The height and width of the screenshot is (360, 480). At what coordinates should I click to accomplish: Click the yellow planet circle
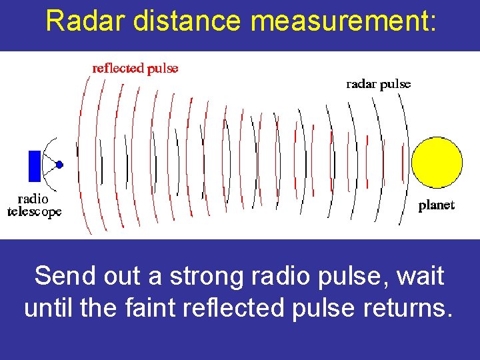point(437,163)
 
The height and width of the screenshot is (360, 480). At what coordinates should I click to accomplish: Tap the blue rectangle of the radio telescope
point(35,166)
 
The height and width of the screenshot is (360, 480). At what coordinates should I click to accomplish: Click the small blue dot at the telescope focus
point(59,164)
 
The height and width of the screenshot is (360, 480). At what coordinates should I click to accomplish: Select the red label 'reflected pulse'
point(135,68)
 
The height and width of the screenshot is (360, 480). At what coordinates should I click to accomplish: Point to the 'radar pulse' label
point(378,84)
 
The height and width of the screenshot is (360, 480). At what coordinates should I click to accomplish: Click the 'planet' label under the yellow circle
point(436,206)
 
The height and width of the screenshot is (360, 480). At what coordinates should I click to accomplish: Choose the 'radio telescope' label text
point(34,205)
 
